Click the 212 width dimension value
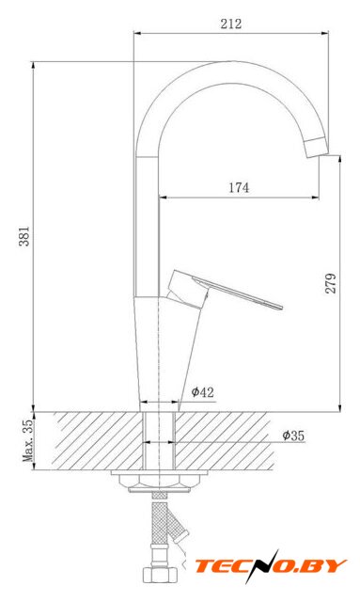pyautogui.click(x=231, y=24)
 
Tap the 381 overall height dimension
pyautogui.click(x=24, y=236)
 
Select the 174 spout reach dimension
pyautogui.click(x=239, y=188)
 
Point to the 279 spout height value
pyautogui.click(x=331, y=283)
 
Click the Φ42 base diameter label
pyautogui.click(x=203, y=392)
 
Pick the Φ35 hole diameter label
pyautogui.click(x=293, y=436)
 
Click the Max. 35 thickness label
pyautogui.click(x=28, y=440)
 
